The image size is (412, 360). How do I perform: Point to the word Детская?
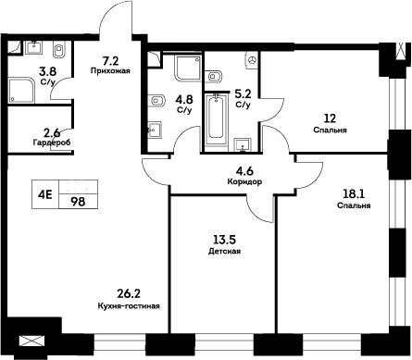225,251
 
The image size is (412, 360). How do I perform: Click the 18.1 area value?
355,193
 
